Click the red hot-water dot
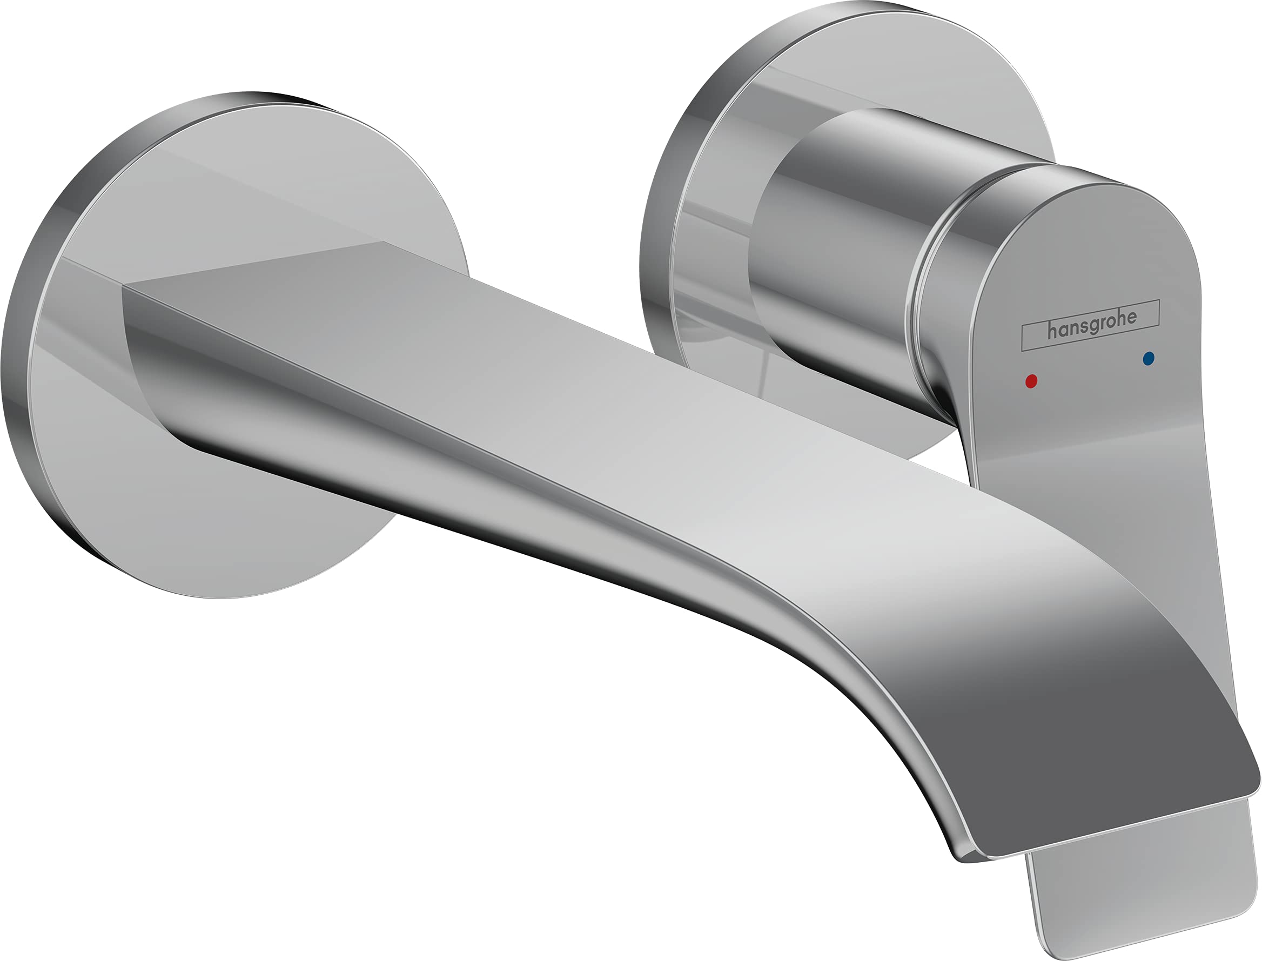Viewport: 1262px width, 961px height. coord(1031,381)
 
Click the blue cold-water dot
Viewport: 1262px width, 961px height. coord(1147,359)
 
